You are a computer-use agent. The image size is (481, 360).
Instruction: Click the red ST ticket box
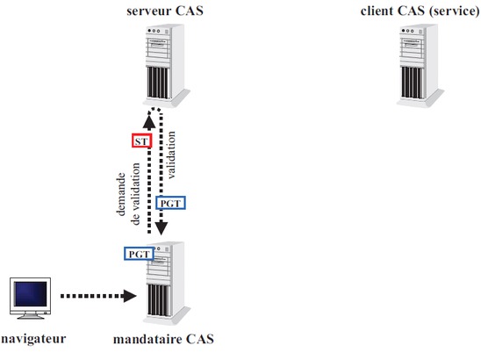(141, 140)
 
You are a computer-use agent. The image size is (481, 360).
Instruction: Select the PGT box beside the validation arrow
(170, 203)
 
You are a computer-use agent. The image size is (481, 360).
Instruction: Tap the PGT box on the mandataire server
(139, 254)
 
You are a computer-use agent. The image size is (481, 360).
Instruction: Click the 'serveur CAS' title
(165, 11)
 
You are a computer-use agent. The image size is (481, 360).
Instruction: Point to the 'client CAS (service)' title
(420, 11)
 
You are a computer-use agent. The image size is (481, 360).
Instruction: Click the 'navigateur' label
(33, 339)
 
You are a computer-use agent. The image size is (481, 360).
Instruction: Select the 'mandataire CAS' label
(163, 339)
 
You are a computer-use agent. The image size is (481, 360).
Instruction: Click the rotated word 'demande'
(121, 194)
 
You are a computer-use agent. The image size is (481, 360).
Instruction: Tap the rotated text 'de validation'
(135, 194)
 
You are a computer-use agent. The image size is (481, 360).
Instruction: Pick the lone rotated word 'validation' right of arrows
(171, 155)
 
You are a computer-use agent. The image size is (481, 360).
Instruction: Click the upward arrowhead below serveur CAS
(149, 122)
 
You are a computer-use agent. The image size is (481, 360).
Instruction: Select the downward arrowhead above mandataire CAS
(161, 228)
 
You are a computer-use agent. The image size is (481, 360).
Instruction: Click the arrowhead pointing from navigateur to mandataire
(130, 296)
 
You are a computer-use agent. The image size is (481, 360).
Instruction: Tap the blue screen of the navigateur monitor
(30, 294)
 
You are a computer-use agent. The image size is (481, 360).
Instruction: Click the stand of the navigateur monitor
(31, 316)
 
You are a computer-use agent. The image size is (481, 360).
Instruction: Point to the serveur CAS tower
(166, 66)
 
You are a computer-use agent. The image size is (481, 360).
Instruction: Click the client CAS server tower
(420, 66)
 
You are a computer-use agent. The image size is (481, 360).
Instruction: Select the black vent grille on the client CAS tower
(413, 83)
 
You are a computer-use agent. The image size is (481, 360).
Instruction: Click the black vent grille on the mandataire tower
(158, 299)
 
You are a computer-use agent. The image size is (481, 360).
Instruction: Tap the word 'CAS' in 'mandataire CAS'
(200, 339)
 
